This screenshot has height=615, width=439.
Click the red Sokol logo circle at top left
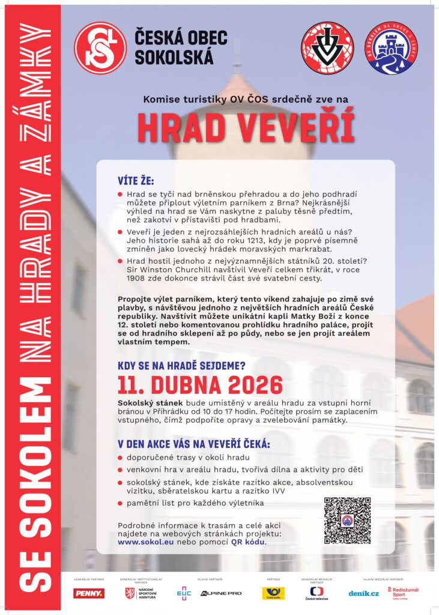pos(100,48)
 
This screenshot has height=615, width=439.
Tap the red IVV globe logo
pos(327,48)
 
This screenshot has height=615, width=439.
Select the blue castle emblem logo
pos(392,48)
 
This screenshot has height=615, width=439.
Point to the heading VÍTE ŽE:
pos(136,181)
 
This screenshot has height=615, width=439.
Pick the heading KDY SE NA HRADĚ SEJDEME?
pos(182,364)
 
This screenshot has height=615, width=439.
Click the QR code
pos(347,520)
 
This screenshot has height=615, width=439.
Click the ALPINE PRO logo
pos(221,593)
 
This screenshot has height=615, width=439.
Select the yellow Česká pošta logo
pos(273,593)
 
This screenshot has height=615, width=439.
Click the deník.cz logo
pos(364,593)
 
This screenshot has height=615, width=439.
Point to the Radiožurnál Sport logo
pos(403,593)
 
